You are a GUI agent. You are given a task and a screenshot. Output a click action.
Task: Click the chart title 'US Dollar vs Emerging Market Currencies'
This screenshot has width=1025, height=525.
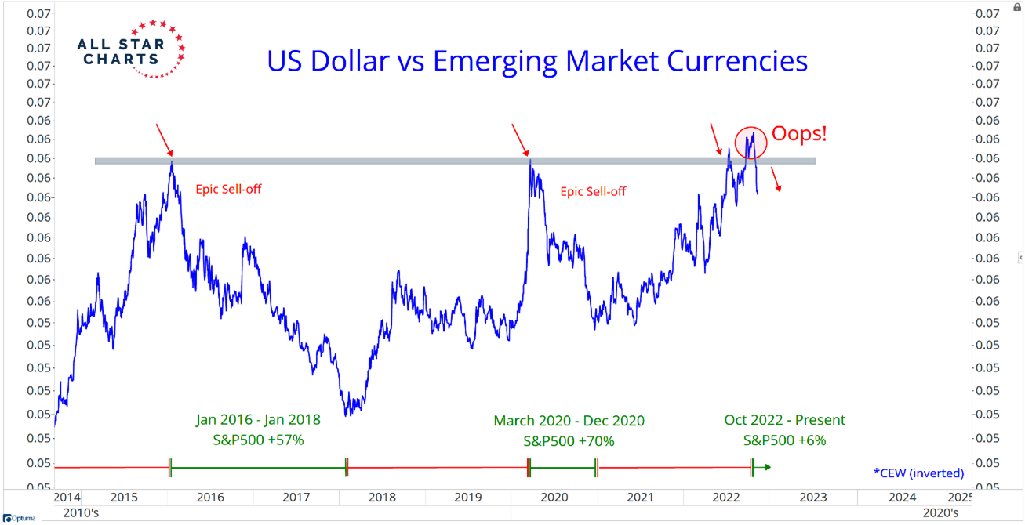[x=537, y=61]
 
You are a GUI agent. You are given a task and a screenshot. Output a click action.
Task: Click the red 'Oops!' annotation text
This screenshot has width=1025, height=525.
[x=799, y=133]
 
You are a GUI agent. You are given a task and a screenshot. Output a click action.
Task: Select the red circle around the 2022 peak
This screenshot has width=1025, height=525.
[x=750, y=142]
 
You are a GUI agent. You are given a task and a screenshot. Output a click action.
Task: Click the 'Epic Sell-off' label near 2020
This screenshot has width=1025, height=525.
[x=593, y=191]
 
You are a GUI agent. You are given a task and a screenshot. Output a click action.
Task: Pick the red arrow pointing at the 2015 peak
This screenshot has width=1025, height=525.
[x=163, y=139]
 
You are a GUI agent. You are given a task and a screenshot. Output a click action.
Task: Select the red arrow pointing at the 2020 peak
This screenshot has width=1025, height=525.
[x=519, y=139]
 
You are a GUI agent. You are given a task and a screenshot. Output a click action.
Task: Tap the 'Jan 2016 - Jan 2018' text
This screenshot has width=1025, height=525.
[x=258, y=420]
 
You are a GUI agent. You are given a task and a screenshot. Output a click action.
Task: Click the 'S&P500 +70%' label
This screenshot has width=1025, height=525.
[x=569, y=441]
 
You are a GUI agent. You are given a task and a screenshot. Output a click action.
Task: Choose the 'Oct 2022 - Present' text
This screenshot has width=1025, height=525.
[x=784, y=421]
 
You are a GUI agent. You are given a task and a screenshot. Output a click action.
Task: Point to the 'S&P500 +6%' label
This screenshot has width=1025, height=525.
[x=784, y=441]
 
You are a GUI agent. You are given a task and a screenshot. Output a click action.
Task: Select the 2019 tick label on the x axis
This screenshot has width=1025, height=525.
[x=467, y=497]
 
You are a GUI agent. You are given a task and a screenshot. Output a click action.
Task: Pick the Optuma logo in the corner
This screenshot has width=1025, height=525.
[x=14, y=519]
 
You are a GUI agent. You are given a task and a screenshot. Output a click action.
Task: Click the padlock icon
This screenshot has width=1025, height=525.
[x=1017, y=6]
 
